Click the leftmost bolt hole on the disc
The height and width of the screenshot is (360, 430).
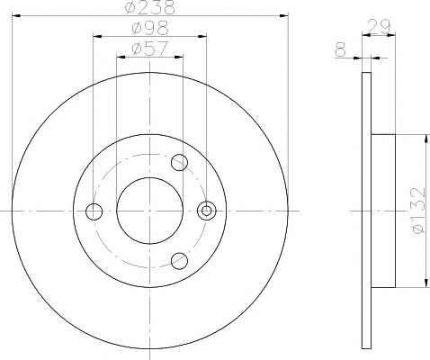point(94,211)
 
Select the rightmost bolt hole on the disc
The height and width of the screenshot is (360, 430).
point(206,211)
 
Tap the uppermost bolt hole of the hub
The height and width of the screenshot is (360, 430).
point(179,163)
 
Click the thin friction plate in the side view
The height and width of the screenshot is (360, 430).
point(365,211)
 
